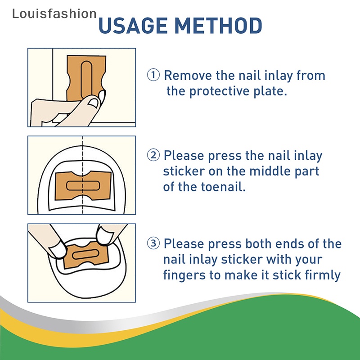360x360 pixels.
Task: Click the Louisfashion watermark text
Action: point(54,13)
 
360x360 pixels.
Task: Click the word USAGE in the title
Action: point(133,25)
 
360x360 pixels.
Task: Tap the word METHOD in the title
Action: point(218,25)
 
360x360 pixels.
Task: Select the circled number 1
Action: point(153,75)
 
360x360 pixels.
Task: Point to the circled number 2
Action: point(153,155)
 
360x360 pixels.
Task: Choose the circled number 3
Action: point(153,243)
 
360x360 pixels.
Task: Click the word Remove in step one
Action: point(188,75)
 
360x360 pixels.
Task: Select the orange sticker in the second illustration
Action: point(83,185)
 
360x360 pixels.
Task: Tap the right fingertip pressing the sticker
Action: point(104,236)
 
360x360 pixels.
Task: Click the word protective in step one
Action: point(219,91)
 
